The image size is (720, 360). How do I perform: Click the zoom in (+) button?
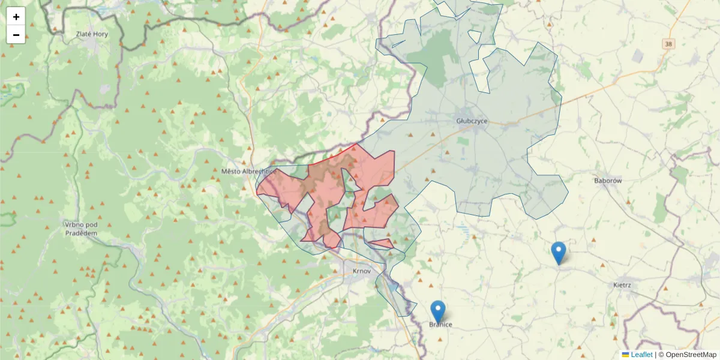click(x=16, y=17)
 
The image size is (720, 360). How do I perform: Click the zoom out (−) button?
click(x=16, y=35)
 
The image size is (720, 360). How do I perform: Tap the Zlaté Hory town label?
click(x=92, y=34)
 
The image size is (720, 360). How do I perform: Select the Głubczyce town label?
click(x=472, y=121)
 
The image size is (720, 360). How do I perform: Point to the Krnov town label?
click(x=362, y=271)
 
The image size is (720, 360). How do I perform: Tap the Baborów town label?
click(x=608, y=180)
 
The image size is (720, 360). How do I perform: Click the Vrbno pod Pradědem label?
click(x=80, y=229)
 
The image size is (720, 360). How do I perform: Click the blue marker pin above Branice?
click(x=438, y=312)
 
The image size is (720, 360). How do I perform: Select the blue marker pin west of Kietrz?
click(x=559, y=253)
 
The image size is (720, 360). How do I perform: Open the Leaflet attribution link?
click(x=641, y=355)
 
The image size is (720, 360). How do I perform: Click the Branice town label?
click(x=440, y=325)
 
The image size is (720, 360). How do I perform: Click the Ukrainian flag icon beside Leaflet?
click(x=626, y=355)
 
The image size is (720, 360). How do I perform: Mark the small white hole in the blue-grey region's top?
click(x=475, y=37)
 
